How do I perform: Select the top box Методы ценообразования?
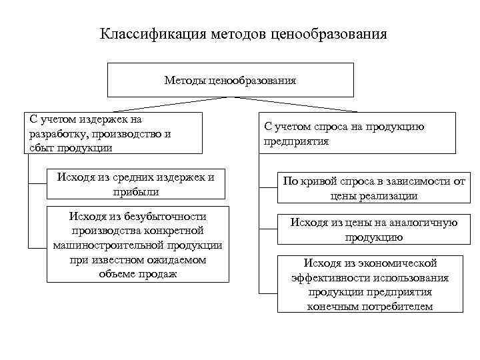click(x=230, y=80)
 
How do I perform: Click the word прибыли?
click(x=136, y=191)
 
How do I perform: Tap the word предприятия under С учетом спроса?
click(x=297, y=141)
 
